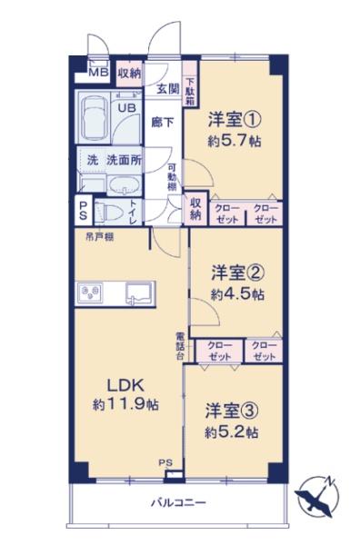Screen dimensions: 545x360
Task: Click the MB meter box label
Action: pyautogui.click(x=98, y=73)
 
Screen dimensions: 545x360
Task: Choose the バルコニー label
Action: pyautogui.click(x=179, y=502)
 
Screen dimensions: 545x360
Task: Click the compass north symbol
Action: pyautogui.click(x=319, y=496)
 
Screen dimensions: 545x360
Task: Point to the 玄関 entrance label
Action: pyautogui.click(x=166, y=88)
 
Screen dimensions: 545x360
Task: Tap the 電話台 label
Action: pyautogui.click(x=179, y=347)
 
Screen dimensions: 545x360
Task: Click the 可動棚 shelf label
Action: pyautogui.click(x=171, y=178)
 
